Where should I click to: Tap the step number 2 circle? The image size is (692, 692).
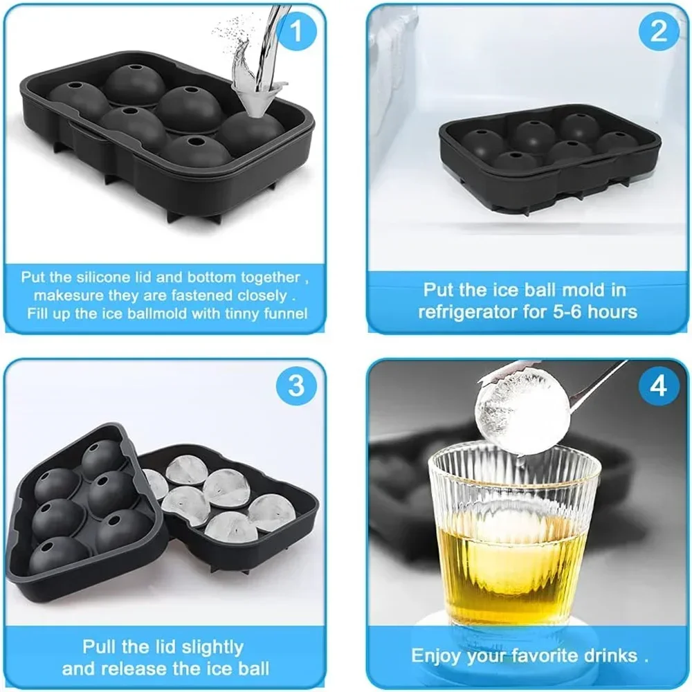[658, 31]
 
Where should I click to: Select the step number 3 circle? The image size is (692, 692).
[296, 386]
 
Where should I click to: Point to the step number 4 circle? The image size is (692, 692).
[658, 386]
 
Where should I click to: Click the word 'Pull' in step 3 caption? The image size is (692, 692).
[101, 647]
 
